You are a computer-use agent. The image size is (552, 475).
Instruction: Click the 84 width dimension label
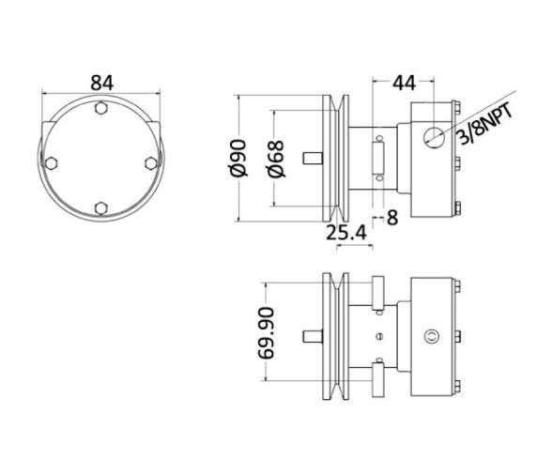click(102, 84)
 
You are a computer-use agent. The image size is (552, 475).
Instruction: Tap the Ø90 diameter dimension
click(238, 158)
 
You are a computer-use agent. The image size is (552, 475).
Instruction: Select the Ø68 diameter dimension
click(276, 159)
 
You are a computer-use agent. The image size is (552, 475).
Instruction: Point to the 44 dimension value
click(404, 84)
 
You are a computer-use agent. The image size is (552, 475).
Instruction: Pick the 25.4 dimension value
click(346, 233)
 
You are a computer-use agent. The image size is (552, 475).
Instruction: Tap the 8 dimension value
click(392, 217)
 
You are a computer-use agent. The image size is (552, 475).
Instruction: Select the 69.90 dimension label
click(266, 332)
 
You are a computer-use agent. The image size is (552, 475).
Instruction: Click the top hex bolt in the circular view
click(101, 108)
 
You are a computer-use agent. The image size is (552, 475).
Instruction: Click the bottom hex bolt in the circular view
click(101, 208)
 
